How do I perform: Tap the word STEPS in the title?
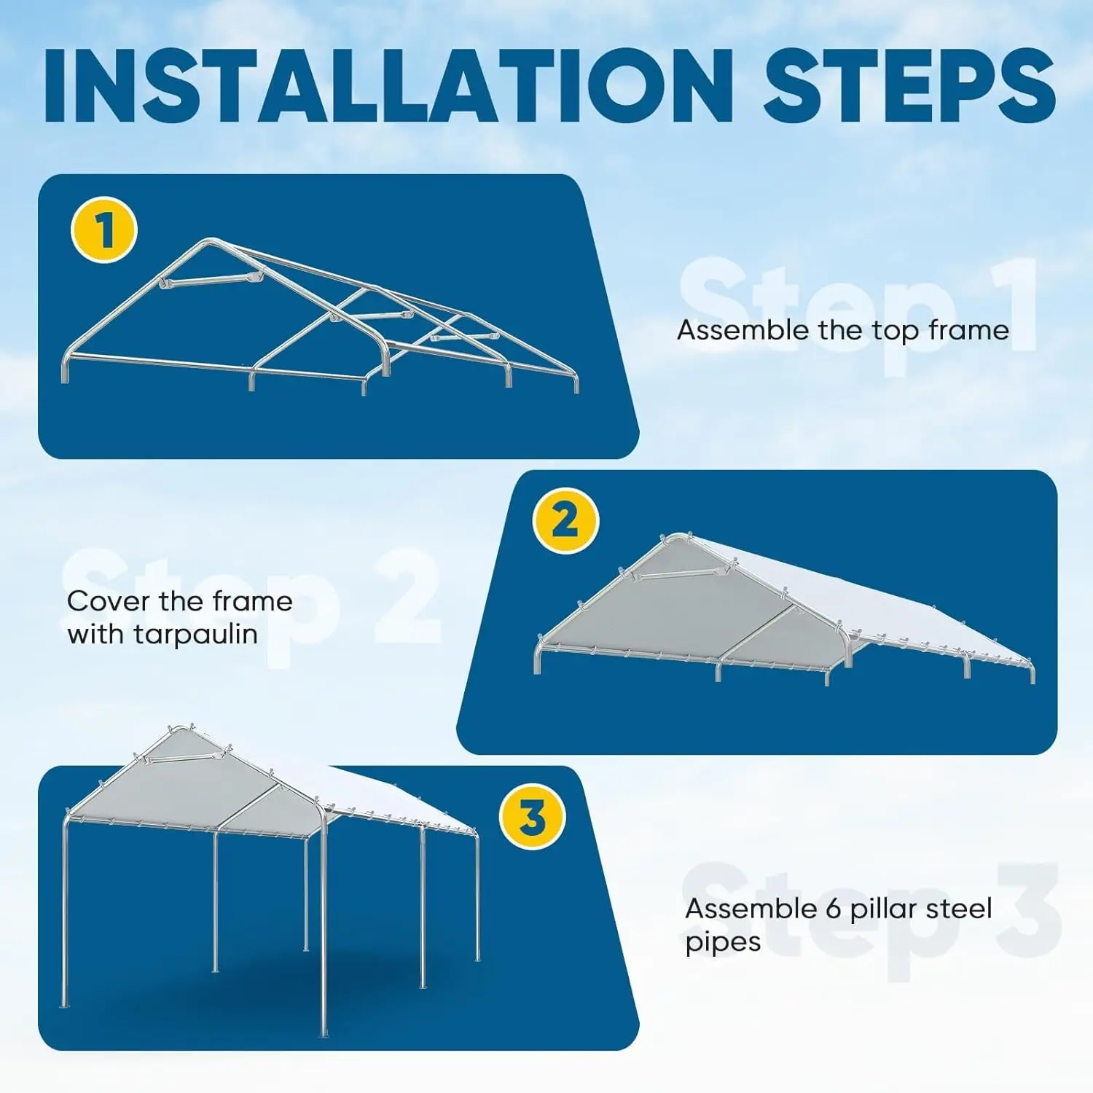pyautogui.click(x=909, y=86)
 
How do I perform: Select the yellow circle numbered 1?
pyautogui.click(x=104, y=230)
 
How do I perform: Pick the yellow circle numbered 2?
pyautogui.click(x=565, y=521)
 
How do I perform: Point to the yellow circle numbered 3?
pyautogui.click(x=532, y=816)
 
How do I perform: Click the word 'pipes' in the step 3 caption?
pyautogui.click(x=723, y=943)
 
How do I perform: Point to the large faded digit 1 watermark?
pyautogui.click(x=1009, y=306)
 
